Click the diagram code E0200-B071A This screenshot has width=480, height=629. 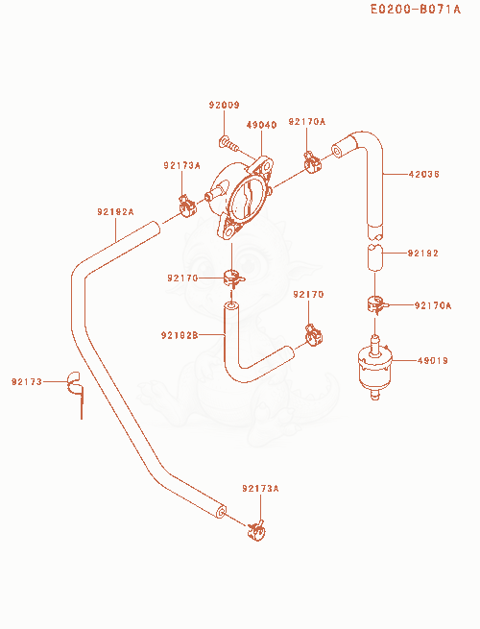tap(416, 9)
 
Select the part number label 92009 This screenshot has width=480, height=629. tap(225, 105)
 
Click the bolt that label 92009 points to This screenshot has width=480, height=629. tap(229, 144)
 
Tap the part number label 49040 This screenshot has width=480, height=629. tap(261, 125)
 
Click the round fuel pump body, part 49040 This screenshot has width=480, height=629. tap(241, 197)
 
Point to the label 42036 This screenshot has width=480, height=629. tap(424, 174)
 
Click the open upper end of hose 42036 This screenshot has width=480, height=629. tap(337, 151)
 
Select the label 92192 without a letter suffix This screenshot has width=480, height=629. tap(423, 254)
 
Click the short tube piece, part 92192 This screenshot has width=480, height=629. tap(375, 257)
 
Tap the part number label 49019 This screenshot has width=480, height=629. tap(433, 361)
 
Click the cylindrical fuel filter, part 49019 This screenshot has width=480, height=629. tap(374, 368)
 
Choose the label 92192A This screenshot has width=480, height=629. tap(115, 211)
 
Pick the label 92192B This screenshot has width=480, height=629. tap(180, 335)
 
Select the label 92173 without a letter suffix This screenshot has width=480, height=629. tap(27, 382)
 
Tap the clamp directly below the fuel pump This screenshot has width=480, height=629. tap(233, 278)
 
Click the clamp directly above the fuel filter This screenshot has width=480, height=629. tap(376, 303)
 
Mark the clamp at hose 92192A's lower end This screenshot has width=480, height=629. tap(256, 530)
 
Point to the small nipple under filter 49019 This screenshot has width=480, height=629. tap(375, 395)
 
